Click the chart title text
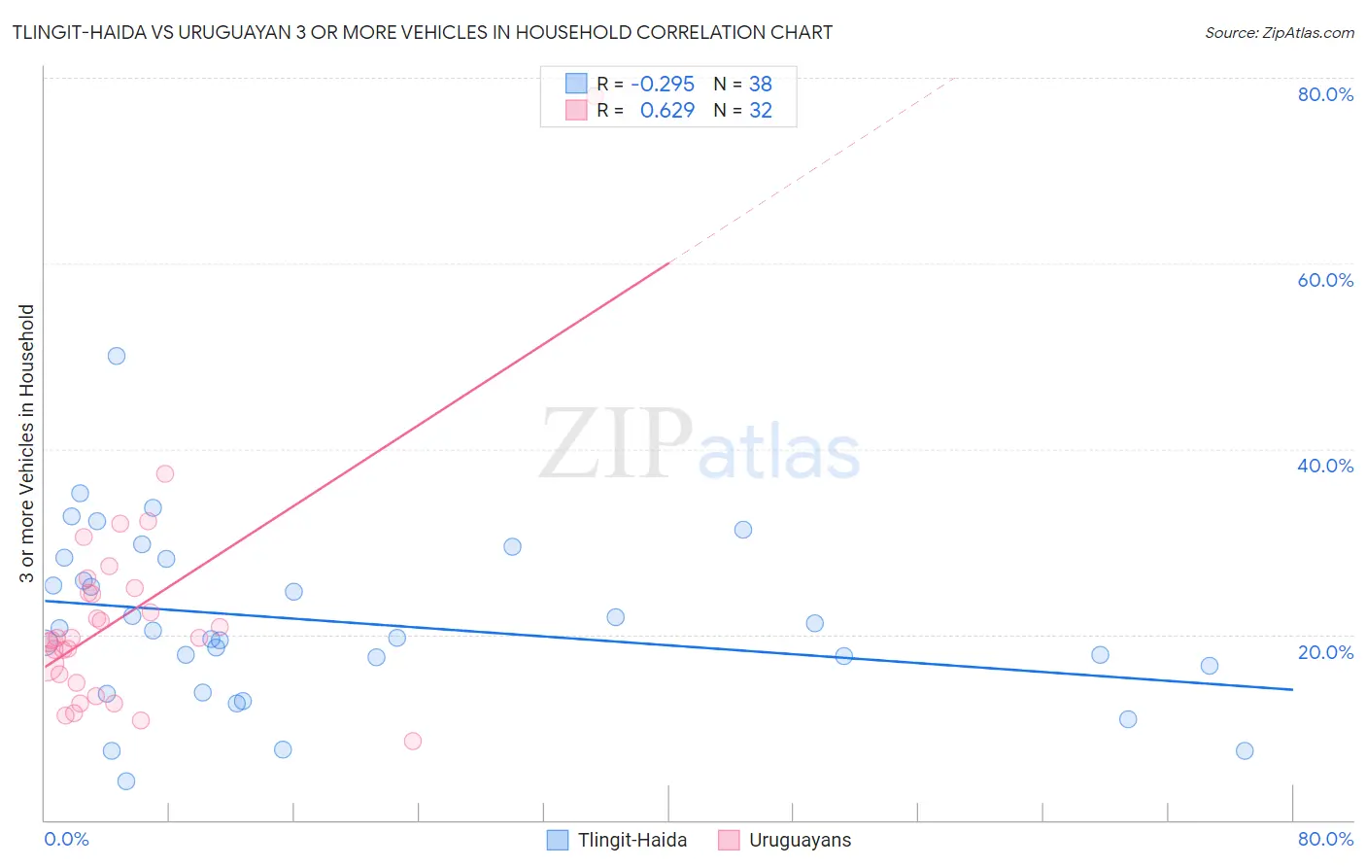pos(423,32)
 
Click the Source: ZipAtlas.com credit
pos(1279,32)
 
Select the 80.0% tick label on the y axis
pos(1325,94)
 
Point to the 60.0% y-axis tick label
pos(1325,280)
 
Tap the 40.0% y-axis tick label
pos(1325,466)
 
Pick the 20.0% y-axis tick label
pos(1325,651)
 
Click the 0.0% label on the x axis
pos(66,839)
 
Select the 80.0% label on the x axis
pos(1325,839)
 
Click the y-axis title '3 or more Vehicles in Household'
pos(26,443)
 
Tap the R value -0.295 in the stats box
pos(663,84)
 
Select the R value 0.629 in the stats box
pos(667,111)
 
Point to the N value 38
pos(760,84)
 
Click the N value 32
pos(760,111)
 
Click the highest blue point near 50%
pos(117,356)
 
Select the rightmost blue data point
pos(1245,750)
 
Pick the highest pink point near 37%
pos(165,473)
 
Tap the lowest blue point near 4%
pos(126,781)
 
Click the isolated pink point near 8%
pos(413,741)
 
